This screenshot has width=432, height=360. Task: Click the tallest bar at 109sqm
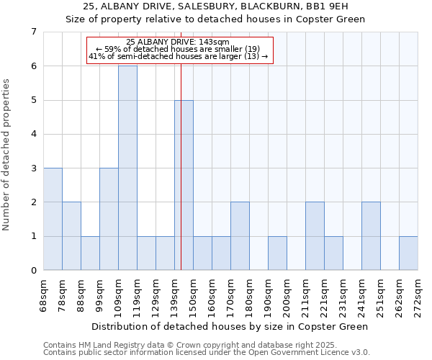point(127,168)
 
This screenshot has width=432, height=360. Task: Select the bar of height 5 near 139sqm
point(184,185)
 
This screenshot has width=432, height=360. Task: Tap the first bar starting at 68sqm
point(53,219)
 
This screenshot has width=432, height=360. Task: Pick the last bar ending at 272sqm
point(408,253)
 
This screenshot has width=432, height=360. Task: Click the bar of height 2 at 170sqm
point(240,236)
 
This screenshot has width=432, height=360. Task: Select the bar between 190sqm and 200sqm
point(277,253)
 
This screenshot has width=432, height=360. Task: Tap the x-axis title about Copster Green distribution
point(230,326)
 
